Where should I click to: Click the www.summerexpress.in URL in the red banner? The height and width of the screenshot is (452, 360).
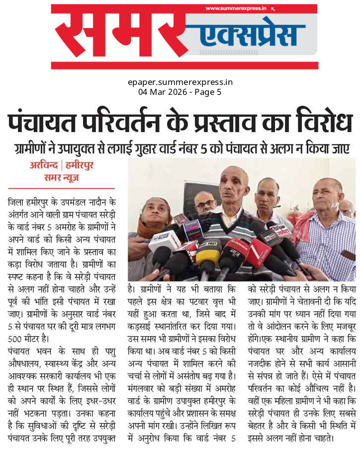pyautogui.click(x=236, y=8)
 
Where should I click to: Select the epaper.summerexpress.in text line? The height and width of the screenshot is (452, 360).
pyautogui.click(x=180, y=82)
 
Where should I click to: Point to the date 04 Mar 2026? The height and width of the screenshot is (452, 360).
pyautogui.click(x=161, y=92)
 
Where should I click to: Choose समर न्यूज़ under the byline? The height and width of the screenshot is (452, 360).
pyautogui.click(x=62, y=177)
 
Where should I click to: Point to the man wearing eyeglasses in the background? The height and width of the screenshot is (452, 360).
pyautogui.click(x=205, y=202)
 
